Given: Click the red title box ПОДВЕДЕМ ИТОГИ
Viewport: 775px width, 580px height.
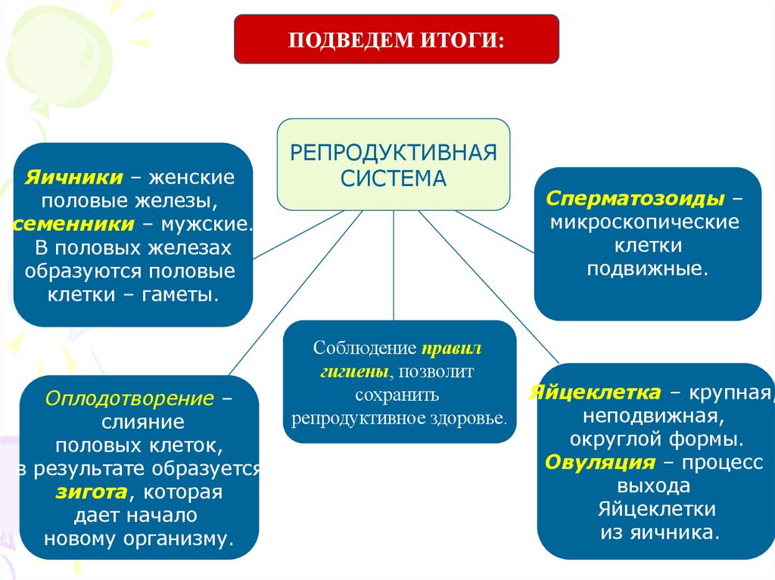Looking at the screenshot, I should pyautogui.click(x=396, y=38).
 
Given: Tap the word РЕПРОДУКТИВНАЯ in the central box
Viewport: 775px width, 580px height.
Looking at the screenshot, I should pyautogui.click(x=394, y=154).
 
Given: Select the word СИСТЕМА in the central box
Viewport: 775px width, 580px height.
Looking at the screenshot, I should pyautogui.click(x=393, y=178).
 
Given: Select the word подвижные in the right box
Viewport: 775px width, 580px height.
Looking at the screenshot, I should pyautogui.click(x=648, y=268).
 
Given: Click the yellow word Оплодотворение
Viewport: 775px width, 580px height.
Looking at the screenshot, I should pyautogui.click(x=129, y=398).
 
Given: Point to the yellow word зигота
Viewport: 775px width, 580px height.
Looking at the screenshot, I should pyautogui.click(x=90, y=492).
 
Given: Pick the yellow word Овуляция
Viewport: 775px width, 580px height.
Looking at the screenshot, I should pyautogui.click(x=599, y=463).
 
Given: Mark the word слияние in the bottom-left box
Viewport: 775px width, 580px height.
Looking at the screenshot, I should pyautogui.click(x=143, y=422).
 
